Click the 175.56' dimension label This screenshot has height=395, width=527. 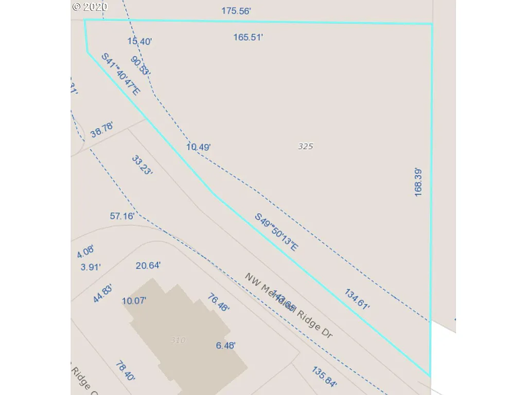(x=236, y=11)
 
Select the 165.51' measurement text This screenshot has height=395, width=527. (x=248, y=37)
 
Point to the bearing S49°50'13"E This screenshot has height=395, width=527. (x=276, y=232)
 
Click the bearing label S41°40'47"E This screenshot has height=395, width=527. (x=120, y=74)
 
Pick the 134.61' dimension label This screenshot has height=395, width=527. (x=357, y=299)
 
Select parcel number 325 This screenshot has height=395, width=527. (x=306, y=147)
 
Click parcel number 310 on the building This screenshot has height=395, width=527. (x=178, y=340)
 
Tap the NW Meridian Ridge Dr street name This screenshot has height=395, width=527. (x=288, y=306)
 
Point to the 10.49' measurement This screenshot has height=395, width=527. (x=199, y=147)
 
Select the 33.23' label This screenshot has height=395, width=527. (x=142, y=165)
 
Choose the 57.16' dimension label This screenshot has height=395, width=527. (x=122, y=216)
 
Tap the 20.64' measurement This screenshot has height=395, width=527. (x=148, y=265)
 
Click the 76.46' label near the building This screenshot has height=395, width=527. (x=218, y=302)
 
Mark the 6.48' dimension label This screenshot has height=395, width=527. (x=226, y=346)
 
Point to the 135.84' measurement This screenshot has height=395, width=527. (x=325, y=376)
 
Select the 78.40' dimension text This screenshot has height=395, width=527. (x=126, y=371)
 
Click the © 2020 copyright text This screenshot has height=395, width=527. (x=90, y=7)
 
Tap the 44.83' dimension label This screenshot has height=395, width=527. (x=102, y=294)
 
